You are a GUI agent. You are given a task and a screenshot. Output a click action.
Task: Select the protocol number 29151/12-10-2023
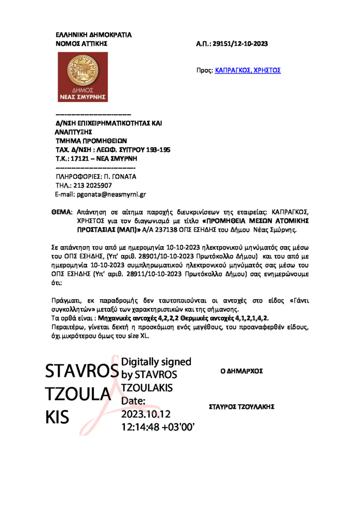(x=240, y=44)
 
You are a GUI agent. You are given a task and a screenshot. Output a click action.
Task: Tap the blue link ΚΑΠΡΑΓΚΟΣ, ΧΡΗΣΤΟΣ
(x=248, y=71)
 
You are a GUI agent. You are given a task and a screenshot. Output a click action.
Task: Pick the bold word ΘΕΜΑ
(x=62, y=212)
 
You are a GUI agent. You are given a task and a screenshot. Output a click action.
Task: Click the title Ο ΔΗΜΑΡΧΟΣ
(x=241, y=371)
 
